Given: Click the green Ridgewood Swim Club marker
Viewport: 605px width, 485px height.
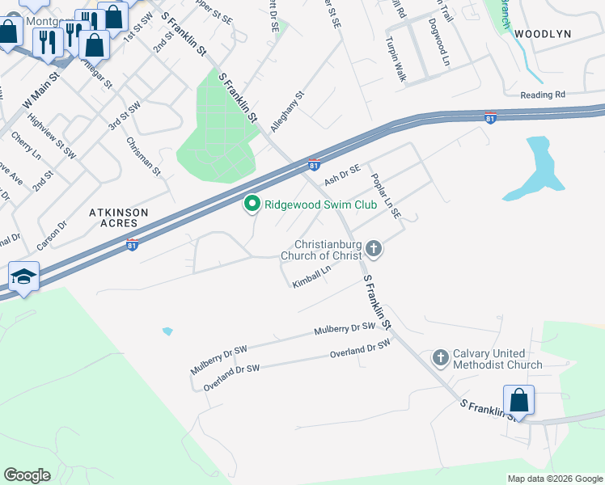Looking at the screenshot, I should click(252, 205).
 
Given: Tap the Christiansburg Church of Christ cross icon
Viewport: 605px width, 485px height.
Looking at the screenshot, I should click(373, 248).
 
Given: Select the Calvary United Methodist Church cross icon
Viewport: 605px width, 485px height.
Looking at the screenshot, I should click(441, 357).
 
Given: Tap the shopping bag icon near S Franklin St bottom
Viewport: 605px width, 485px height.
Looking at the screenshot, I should click(518, 400).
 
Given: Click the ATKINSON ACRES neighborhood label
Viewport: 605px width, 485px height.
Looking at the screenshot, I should click(118, 218).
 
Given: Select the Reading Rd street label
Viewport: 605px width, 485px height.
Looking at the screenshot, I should click(543, 95).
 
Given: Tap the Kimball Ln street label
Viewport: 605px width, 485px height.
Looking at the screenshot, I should click(312, 277).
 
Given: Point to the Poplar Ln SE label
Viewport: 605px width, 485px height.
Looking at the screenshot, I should click(385, 196).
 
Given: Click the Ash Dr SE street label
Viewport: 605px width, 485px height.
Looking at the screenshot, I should click(341, 172).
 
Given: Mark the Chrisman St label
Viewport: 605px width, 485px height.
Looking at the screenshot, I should click(144, 156).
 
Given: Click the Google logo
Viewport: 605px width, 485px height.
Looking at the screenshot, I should click(27, 475).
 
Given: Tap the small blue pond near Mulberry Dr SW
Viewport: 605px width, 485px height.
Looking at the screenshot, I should click(167, 331).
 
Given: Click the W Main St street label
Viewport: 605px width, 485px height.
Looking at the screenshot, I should click(41, 91).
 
